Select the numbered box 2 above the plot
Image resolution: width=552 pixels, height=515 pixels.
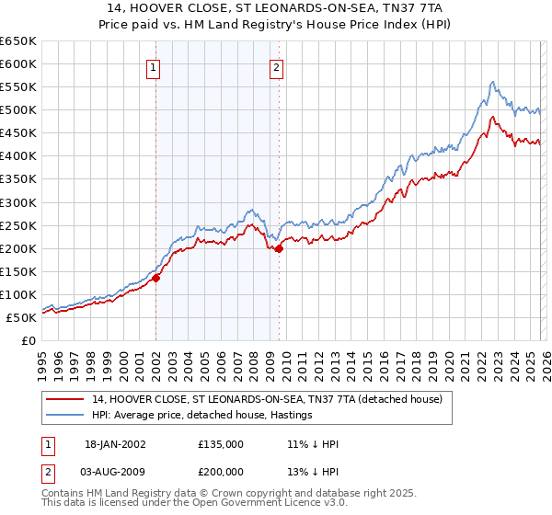[276, 66]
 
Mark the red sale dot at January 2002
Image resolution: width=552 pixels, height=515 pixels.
[155, 278]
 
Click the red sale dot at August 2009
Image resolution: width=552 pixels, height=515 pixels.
[279, 248]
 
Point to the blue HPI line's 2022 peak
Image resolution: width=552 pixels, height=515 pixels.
[493, 82]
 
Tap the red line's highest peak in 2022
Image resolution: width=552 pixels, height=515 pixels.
[493, 117]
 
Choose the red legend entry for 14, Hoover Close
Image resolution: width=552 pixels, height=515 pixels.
[267, 399]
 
